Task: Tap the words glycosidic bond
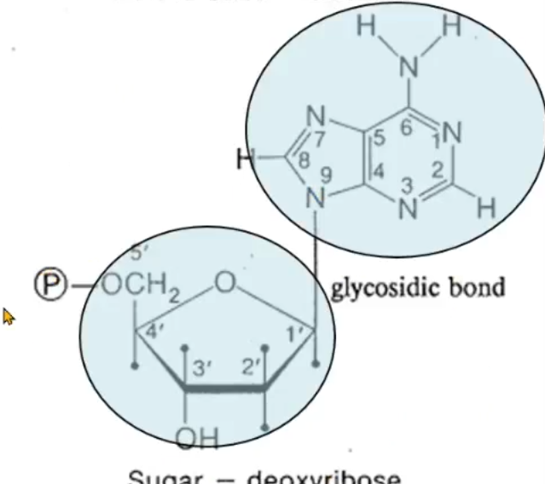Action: coord(417,286)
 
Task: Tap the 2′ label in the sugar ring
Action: coord(248,369)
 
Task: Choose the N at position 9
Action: coord(317,197)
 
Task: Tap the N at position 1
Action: coord(451,133)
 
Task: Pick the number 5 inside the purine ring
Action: coord(379,133)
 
